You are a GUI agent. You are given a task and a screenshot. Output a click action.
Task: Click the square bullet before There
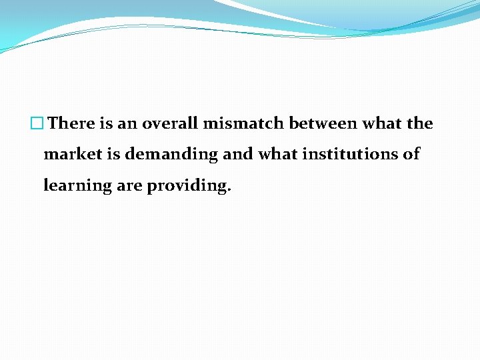click(x=37, y=124)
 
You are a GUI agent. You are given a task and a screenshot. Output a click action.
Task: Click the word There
click(x=72, y=124)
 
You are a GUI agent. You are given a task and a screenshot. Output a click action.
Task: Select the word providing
click(x=187, y=186)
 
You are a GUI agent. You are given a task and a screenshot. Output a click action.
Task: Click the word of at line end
click(x=411, y=155)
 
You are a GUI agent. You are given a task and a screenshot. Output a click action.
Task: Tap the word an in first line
click(x=127, y=124)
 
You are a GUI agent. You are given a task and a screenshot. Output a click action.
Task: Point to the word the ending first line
click(x=419, y=124)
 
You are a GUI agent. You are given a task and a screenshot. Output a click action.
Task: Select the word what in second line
click(x=278, y=155)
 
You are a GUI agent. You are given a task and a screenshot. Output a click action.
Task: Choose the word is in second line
click(x=113, y=155)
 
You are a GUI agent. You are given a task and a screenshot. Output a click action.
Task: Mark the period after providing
click(x=229, y=189)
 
